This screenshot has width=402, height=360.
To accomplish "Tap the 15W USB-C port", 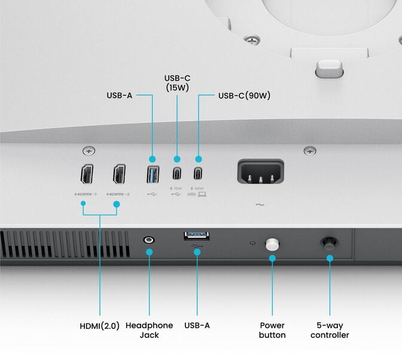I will (176, 174).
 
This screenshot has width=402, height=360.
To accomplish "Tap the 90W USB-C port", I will (198, 174).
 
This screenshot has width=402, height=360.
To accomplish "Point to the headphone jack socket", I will (149, 240).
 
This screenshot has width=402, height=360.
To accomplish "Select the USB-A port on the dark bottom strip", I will (196, 235).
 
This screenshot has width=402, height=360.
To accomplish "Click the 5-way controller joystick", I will (329, 242).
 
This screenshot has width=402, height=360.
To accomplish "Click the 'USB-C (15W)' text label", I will (176, 83).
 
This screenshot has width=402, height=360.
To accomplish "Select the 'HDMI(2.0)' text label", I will (100, 326).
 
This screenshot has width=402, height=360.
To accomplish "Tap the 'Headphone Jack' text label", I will (149, 330).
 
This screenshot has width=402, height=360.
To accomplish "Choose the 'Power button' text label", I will (272, 330).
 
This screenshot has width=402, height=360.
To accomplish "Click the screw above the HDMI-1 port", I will (89, 151).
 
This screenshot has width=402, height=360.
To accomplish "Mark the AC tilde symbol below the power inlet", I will (260, 205).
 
